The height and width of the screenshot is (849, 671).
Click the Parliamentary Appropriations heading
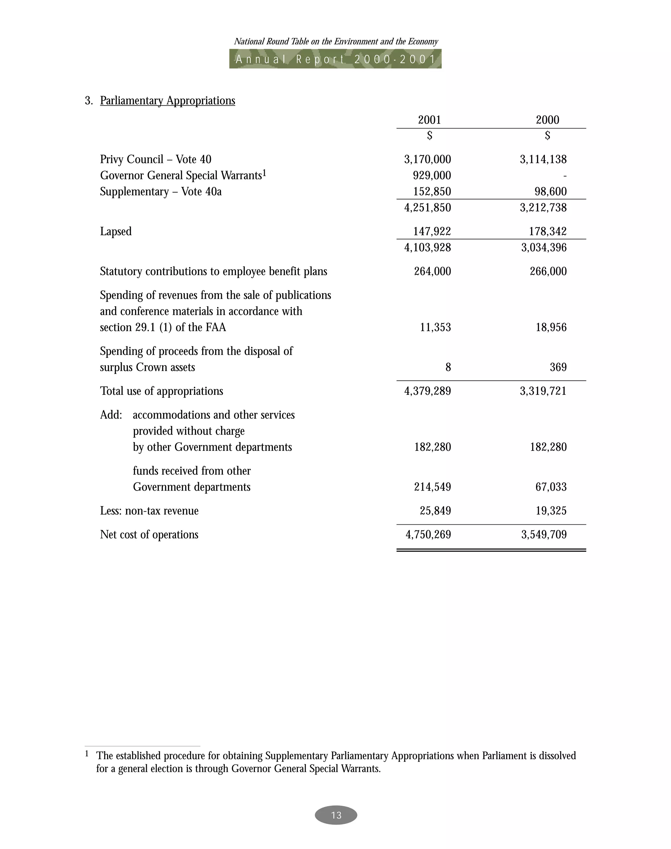pyautogui.click(x=167, y=101)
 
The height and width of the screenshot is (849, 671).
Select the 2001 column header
pyautogui.click(x=430, y=120)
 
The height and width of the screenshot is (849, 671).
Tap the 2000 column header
pyautogui.click(x=547, y=120)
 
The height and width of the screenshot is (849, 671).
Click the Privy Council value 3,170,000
pyautogui.click(x=428, y=159)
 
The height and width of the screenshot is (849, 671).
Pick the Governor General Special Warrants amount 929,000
pyautogui.click(x=432, y=175)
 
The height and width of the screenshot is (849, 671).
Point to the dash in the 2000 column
pyautogui.click(x=565, y=176)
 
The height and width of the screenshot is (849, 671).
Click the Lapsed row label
pyautogui.click(x=116, y=231)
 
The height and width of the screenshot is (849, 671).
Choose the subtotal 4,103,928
pyautogui.click(x=428, y=247)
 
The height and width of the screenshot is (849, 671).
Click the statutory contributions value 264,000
pyautogui.click(x=432, y=271)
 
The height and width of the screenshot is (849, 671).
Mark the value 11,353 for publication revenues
pyautogui.click(x=435, y=327)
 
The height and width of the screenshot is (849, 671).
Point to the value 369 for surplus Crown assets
pyautogui.click(x=558, y=367)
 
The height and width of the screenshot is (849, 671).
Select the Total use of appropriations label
pyautogui.click(x=162, y=391)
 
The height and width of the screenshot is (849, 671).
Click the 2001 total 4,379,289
pyautogui.click(x=428, y=391)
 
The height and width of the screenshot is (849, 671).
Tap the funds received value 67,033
pyautogui.click(x=551, y=487)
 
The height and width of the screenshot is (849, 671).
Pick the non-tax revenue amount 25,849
pyautogui.click(x=435, y=511)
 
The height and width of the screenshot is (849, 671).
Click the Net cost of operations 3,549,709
pyautogui.click(x=544, y=535)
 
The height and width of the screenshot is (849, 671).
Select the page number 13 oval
pyautogui.click(x=336, y=815)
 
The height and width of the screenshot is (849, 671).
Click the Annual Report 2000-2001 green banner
pyautogui.click(x=335, y=59)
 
